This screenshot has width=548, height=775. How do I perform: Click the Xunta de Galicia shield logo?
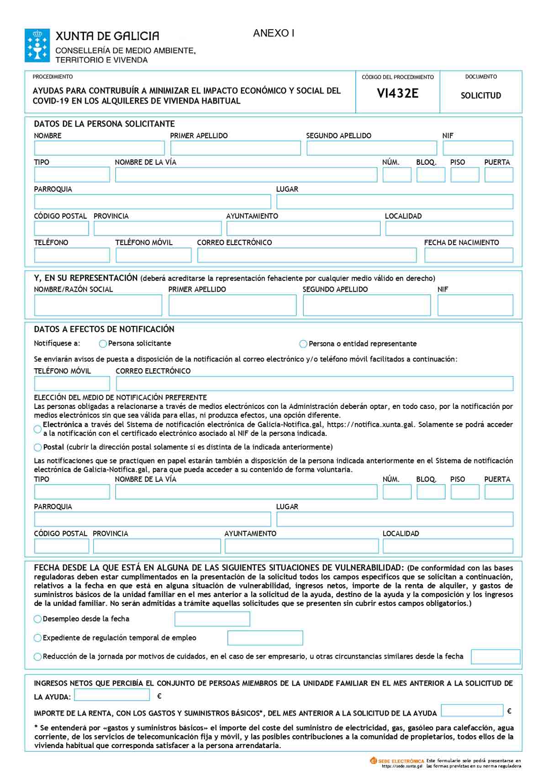click(x=37, y=45)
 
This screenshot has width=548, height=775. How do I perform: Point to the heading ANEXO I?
click(x=274, y=33)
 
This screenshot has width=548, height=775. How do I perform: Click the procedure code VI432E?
click(x=397, y=94)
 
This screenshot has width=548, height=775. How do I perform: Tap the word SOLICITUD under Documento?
click(x=480, y=95)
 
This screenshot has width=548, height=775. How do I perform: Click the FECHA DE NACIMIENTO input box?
click(x=469, y=255)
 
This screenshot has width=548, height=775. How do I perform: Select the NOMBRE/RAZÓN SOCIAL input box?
click(x=98, y=305)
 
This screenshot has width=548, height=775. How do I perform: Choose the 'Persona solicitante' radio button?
click(x=103, y=344)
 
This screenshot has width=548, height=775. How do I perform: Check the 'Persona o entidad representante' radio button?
click(x=303, y=344)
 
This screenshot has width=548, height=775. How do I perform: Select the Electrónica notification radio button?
click(x=37, y=429)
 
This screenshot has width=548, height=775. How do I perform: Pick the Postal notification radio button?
click(x=37, y=447)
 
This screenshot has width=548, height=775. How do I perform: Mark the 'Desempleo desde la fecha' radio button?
click(x=37, y=619)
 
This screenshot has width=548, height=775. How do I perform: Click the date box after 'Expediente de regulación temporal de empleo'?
click(x=265, y=638)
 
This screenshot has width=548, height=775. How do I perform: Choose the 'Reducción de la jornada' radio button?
click(x=37, y=657)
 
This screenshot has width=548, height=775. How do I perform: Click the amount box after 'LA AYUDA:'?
click(x=112, y=695)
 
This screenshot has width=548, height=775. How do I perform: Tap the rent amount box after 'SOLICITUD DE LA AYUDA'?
click(x=472, y=711)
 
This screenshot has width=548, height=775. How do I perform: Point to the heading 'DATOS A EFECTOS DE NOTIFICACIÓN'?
click(x=104, y=329)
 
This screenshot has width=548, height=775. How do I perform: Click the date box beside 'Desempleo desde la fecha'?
click(x=212, y=619)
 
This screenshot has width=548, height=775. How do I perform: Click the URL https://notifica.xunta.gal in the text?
click(x=371, y=424)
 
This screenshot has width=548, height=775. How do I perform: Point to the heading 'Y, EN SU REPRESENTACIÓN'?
click(x=86, y=278)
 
